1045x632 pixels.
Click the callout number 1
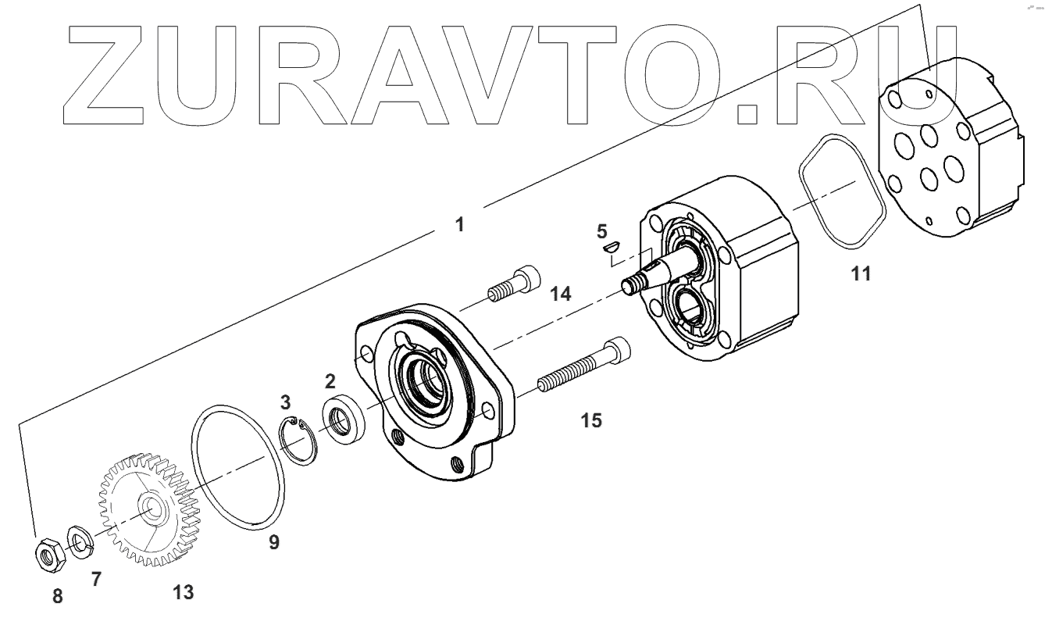pos(460,224)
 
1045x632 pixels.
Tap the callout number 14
pos(559,294)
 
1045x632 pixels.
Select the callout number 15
pos(591,420)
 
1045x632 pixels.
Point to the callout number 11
pos(862,273)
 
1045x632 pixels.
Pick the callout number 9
pos(273,541)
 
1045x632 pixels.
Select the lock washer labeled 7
pos(78,538)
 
